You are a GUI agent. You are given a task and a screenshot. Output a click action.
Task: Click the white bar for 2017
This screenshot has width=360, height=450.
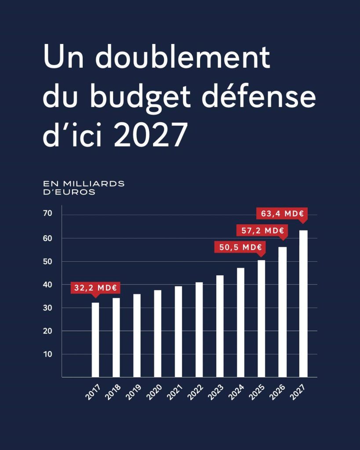coord(95,340)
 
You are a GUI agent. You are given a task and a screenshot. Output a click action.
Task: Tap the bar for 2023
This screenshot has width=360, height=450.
coord(220,326)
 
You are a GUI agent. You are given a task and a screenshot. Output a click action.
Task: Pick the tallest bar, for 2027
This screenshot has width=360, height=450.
coord(303,304)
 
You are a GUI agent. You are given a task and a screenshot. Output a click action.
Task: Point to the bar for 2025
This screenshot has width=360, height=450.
coord(262,318)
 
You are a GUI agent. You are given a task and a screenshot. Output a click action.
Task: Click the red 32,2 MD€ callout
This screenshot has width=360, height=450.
coord(95,288)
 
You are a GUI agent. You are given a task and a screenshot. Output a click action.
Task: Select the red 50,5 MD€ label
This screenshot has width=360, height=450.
coord(240,247)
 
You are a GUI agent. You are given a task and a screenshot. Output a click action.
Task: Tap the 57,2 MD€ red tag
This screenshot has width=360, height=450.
coord(262,230)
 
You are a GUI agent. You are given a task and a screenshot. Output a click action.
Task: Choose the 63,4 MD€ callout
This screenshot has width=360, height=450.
coord(282,214)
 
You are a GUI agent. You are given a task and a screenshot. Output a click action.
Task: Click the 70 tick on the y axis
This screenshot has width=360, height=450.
coord(47,214)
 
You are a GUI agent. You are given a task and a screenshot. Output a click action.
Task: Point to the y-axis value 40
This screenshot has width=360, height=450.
coord(47,285)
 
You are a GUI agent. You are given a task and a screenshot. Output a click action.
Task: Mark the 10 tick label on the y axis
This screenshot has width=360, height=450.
coord(47,354)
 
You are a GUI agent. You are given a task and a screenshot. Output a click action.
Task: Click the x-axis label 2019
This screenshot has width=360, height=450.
coord(133,391)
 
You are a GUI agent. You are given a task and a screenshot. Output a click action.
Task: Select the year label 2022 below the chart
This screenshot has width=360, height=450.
coord(195,391)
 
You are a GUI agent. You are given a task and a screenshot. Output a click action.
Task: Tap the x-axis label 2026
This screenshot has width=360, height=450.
coord(278,391)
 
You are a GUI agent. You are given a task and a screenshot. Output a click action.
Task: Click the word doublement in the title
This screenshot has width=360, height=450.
coord(182,58)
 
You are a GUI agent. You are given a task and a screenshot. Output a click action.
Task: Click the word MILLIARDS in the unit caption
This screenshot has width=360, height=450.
coord(93,183)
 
